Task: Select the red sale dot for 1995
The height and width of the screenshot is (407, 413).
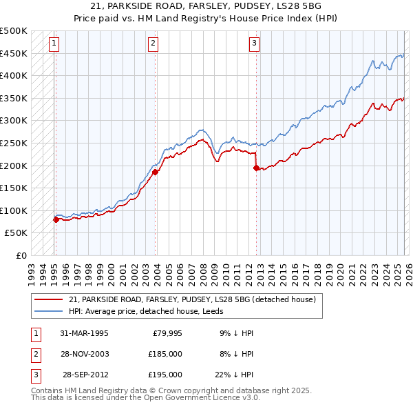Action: pyautogui.click(x=56, y=219)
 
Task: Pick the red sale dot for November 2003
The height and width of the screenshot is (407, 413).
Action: pyautogui.click(x=155, y=172)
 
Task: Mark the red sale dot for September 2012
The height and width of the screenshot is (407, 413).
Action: pyautogui.click(x=256, y=168)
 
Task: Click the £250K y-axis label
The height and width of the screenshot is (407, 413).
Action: pyautogui.click(x=14, y=143)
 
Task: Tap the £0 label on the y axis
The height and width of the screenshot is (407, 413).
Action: pyautogui.click(x=21, y=255)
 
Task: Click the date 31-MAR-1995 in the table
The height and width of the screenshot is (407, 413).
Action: pyautogui.click(x=84, y=333)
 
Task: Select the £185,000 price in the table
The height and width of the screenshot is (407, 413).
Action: pyautogui.click(x=165, y=354)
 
